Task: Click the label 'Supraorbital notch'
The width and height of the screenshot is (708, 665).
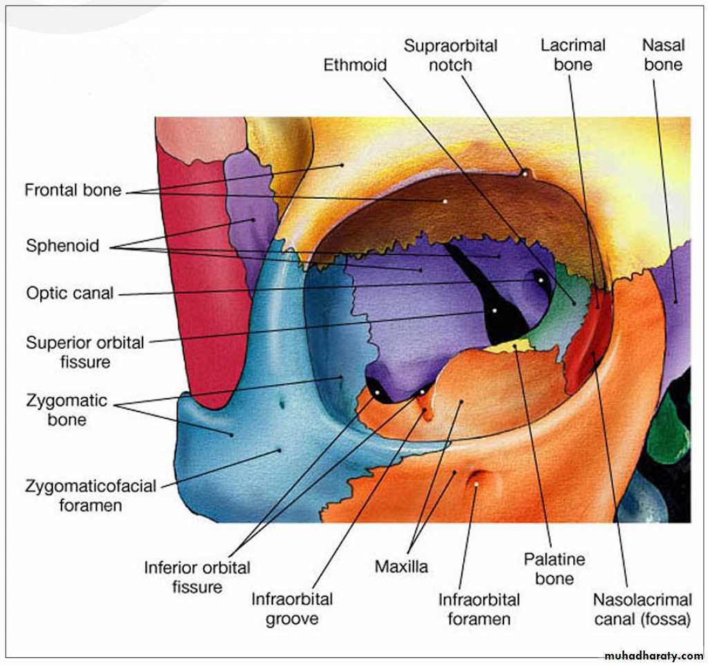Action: pyautogui.click(x=450, y=55)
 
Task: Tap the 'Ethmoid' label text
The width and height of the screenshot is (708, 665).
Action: pyautogui.click(x=355, y=65)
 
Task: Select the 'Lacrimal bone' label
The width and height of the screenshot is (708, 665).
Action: pyautogui.click(x=572, y=55)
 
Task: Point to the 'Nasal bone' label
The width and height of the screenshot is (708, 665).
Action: pyautogui.click(x=662, y=55)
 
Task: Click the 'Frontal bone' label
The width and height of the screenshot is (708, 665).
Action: pyautogui.click(x=73, y=190)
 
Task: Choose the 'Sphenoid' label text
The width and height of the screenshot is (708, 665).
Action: pyautogui.click(x=62, y=245)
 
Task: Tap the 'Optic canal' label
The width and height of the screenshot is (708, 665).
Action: pyautogui.click(x=69, y=293)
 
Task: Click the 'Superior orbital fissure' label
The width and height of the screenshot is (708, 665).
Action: pyautogui.click(x=85, y=351)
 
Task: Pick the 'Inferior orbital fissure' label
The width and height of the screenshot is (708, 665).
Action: pyautogui.click(x=197, y=577)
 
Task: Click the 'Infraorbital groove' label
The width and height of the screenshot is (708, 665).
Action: pyautogui.click(x=292, y=608)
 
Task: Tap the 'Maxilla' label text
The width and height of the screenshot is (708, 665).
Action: pyautogui.click(x=401, y=567)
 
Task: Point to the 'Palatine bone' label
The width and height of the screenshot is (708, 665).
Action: pyautogui.click(x=554, y=568)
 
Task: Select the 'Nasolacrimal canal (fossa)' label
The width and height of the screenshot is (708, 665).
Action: pyautogui.click(x=642, y=609)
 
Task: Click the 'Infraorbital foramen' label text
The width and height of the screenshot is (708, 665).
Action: pyautogui.click(x=479, y=608)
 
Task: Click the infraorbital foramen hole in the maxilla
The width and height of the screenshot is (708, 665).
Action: pyautogui.click(x=477, y=479)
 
